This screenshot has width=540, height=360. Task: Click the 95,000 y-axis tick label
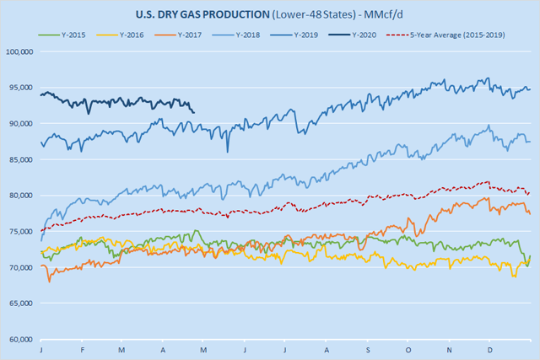pyautogui.click(x=19, y=88)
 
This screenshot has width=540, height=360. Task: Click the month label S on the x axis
pyautogui.click(x=367, y=347)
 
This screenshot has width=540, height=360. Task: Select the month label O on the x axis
pyautogui.click(x=408, y=347)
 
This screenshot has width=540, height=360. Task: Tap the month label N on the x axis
pyautogui.click(x=449, y=347)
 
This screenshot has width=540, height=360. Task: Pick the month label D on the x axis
pyautogui.click(x=490, y=347)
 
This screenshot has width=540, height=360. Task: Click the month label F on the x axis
pyautogui.click(x=82, y=347)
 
